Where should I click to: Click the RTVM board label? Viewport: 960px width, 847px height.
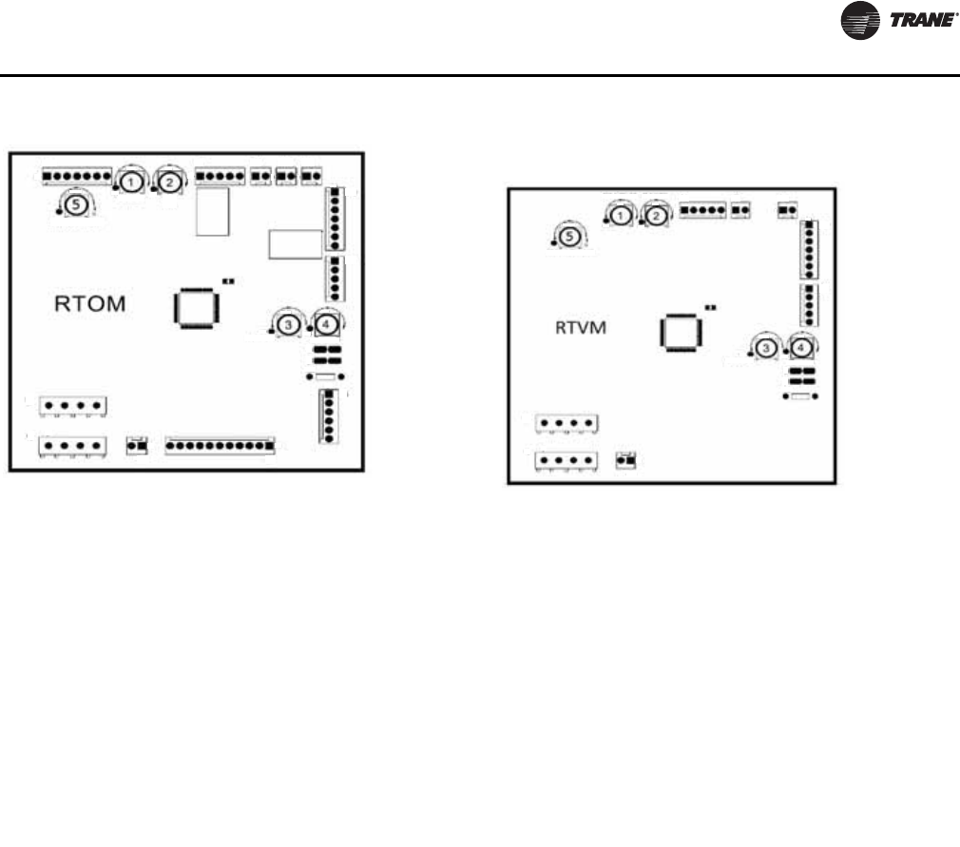580,328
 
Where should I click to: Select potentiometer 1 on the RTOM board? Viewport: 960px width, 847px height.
132,181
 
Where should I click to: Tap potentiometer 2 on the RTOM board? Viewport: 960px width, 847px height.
169,181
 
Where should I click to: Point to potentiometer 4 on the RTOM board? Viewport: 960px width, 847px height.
326,324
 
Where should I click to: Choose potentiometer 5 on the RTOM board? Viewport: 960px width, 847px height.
73,203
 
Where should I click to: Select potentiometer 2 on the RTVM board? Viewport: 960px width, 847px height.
655,217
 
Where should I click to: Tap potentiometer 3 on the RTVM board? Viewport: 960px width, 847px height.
766,349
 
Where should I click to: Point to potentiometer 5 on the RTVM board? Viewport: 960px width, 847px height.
567,237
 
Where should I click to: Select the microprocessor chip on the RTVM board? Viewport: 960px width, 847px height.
681,332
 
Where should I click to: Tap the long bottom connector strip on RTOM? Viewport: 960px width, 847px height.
221,444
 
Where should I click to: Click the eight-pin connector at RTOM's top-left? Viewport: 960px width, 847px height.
77,175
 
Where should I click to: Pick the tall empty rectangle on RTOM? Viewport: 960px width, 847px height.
210,212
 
